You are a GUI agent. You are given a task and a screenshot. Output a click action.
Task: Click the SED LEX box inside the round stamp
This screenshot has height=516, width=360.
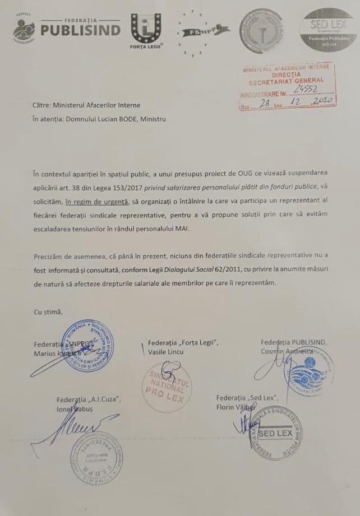click(275, 434)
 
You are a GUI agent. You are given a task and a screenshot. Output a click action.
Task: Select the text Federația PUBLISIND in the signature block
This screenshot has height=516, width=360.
click(294, 342)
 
